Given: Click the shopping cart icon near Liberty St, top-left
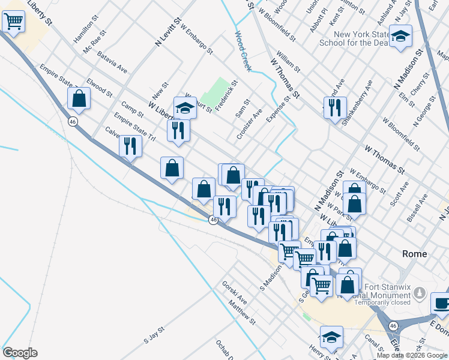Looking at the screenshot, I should [13, 22].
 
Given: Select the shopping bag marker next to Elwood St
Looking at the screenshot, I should [79, 98].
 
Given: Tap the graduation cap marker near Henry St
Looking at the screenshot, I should [331, 337].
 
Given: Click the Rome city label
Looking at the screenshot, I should [414, 254].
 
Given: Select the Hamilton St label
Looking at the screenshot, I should [86, 29].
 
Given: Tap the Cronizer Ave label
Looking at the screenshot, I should [249, 124].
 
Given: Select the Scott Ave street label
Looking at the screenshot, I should [399, 194].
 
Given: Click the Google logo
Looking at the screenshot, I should [20, 353].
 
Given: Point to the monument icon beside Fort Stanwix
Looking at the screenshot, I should [420, 294].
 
